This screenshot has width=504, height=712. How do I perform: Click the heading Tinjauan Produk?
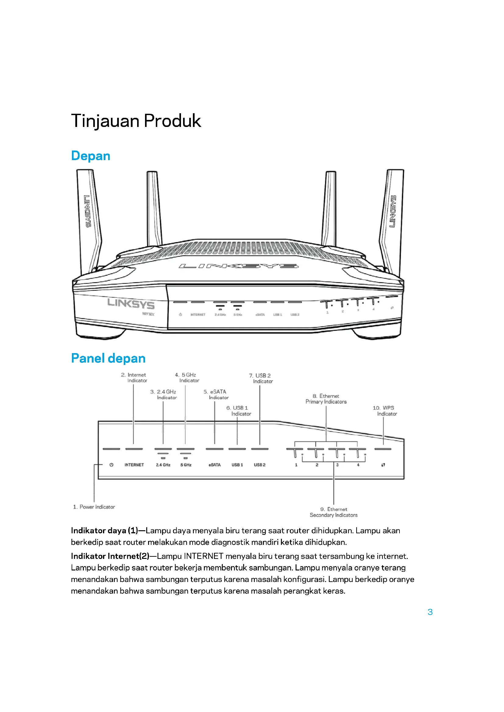(136, 121)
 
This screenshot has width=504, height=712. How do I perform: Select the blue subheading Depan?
(91, 156)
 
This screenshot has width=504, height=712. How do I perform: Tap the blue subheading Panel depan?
(108, 358)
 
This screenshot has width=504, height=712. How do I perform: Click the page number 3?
(430, 612)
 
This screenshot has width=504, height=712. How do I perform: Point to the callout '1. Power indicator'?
(94, 507)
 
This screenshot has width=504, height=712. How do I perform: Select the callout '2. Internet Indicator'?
(134, 378)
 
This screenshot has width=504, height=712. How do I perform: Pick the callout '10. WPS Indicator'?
(384, 411)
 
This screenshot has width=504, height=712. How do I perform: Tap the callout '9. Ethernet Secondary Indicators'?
(334, 512)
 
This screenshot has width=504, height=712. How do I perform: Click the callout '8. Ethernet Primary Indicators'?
(326, 399)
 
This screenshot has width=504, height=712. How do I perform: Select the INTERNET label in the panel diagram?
(134, 465)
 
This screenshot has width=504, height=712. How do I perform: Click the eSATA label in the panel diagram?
(215, 465)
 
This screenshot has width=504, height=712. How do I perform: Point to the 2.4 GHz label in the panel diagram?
(163, 465)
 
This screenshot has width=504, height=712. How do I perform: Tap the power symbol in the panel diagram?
(112, 465)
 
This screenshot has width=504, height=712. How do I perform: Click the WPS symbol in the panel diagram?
(383, 465)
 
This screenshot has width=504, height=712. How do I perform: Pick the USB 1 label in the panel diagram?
(237, 465)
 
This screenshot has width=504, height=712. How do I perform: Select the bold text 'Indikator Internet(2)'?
(110, 556)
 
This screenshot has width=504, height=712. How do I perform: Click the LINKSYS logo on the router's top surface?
(238, 266)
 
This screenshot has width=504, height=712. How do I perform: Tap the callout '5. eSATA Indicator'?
(216, 395)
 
